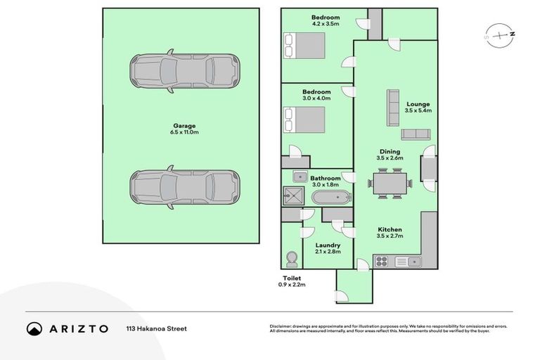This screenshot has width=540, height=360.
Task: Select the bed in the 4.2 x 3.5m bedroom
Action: point(304,46)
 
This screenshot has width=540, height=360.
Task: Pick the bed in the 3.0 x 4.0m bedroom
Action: point(304,119)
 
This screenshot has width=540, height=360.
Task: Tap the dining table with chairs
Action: point(389,184)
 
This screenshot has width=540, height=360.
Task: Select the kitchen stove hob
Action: point(382,262)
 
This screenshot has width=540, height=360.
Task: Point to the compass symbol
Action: point(498,33)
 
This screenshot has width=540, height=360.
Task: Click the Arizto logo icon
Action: point(34,328)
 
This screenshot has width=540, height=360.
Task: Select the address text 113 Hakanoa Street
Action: point(156,328)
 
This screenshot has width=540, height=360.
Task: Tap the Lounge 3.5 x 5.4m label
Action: point(418,107)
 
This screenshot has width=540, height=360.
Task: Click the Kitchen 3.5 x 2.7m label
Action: point(389,233)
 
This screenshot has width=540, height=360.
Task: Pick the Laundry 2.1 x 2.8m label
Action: point(328,248)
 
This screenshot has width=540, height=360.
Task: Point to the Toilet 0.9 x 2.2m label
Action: point(293,281)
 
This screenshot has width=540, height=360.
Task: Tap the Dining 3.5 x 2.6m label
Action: point(389,155)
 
